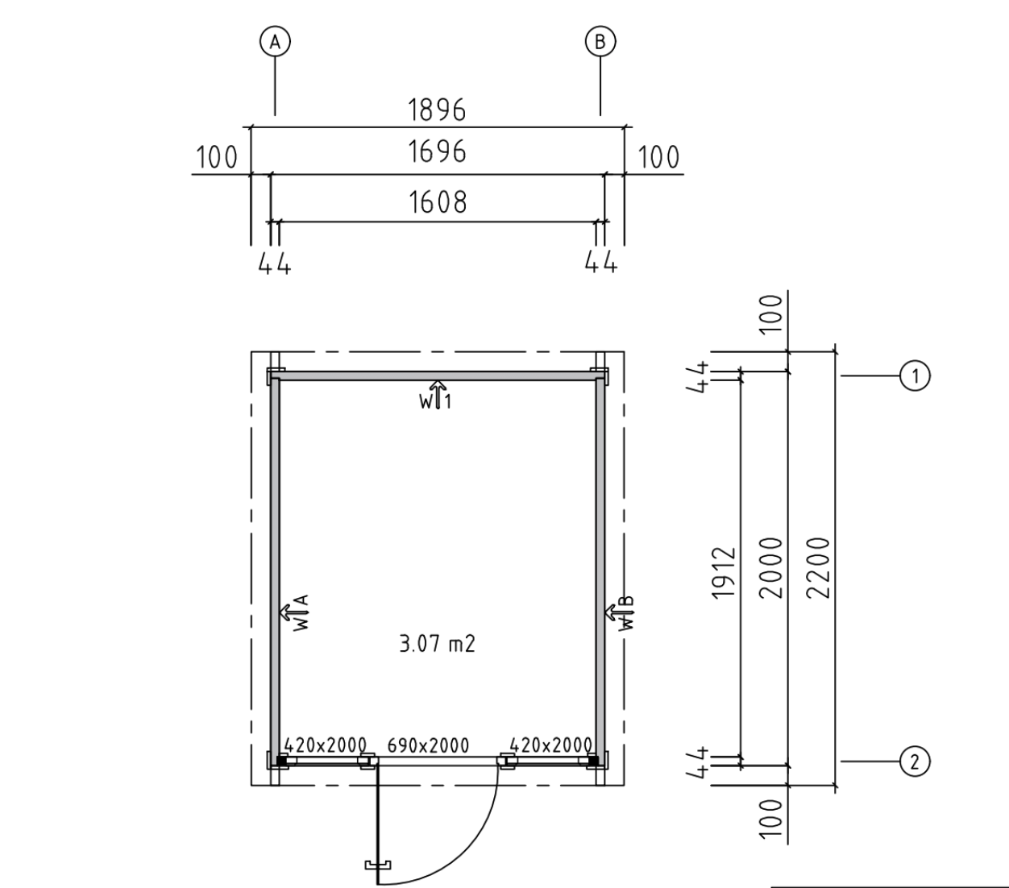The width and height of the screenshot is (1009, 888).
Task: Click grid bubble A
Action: coord(275,41)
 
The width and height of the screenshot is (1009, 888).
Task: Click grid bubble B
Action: coord(600,41)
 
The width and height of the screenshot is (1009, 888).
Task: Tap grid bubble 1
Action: coord(915,376)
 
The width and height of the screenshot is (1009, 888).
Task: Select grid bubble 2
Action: coord(915,761)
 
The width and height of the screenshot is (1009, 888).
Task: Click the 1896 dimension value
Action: coord(437,110)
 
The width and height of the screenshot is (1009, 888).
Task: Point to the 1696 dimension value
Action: coord(437,152)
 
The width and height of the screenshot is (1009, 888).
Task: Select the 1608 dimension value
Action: coord(438,202)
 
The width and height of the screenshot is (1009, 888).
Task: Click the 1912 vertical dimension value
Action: coord(723,573)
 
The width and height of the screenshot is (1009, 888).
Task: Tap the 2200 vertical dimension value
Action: coord(818,567)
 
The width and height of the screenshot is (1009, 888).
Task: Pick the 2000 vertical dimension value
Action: coord(770,567)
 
